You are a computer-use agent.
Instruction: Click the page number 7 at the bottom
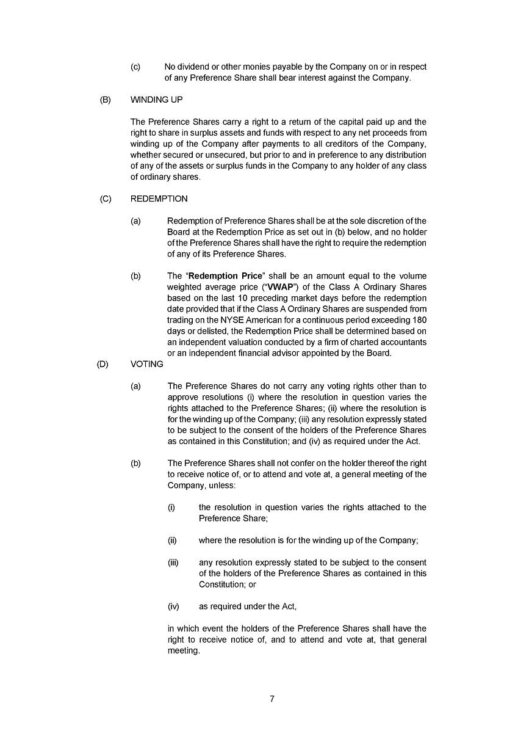click(x=272, y=699)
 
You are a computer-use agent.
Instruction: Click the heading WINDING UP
click(x=156, y=100)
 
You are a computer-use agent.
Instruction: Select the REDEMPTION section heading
click(x=159, y=199)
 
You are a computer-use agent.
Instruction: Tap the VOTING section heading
click(x=147, y=364)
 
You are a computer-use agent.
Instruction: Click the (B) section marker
click(x=106, y=100)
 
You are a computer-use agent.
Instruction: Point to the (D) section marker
click(x=103, y=364)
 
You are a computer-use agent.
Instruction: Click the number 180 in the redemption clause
click(x=419, y=319)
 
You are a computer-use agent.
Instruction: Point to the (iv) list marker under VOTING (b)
click(x=173, y=607)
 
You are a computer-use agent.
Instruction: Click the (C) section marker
click(x=106, y=199)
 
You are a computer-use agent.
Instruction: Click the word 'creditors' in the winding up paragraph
click(x=356, y=144)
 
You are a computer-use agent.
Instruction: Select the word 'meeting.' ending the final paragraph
click(x=184, y=651)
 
